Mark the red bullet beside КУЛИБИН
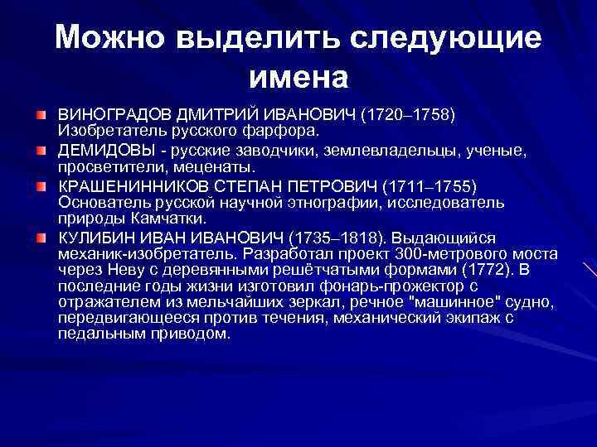click(x=40, y=236)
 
